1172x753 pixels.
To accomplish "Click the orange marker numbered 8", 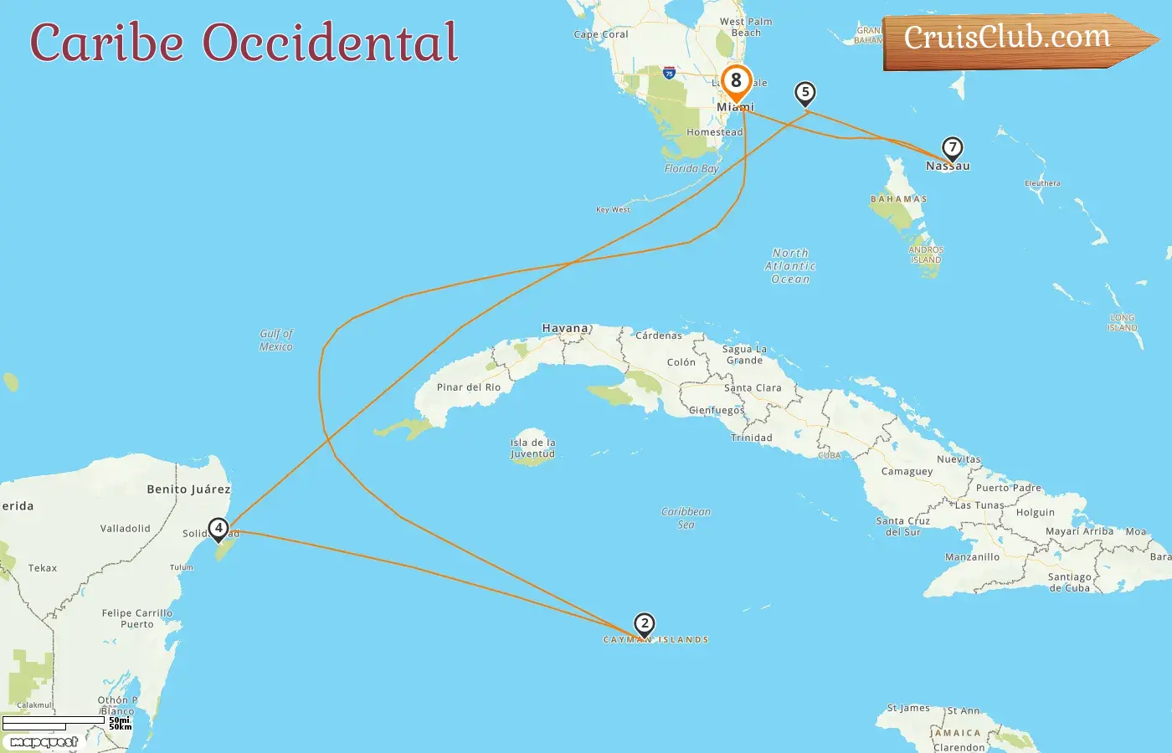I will coord(736,81).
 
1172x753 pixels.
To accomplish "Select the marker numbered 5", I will coord(805,92).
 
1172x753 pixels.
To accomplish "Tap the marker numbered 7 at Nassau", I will coord(952,148).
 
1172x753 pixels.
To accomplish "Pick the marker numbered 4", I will coord(218,528).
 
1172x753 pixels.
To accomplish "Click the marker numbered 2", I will coord(644,623).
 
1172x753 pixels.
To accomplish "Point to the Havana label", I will coord(566,329).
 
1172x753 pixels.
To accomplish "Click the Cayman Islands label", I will coord(656,640).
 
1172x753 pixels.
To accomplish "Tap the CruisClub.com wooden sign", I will coord(1013,39).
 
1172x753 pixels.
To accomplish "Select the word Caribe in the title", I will coord(107,43).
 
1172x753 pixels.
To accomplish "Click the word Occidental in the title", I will coord(331,43).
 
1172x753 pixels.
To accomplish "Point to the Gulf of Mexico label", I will coord(276,340).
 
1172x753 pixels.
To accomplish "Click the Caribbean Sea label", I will coord(686,518).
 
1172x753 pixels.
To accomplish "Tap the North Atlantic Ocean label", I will coord(790,266).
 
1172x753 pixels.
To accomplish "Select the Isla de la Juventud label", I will coord(533,448).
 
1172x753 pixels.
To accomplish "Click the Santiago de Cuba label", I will coord(1069,582).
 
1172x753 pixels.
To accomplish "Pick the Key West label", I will coord(613,210).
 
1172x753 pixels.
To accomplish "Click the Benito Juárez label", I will coord(188,489).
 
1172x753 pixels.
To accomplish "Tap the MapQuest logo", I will coord(44,742).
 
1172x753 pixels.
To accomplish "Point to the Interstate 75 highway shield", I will coord(669,73).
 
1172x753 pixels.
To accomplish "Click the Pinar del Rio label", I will coord(469,387).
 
